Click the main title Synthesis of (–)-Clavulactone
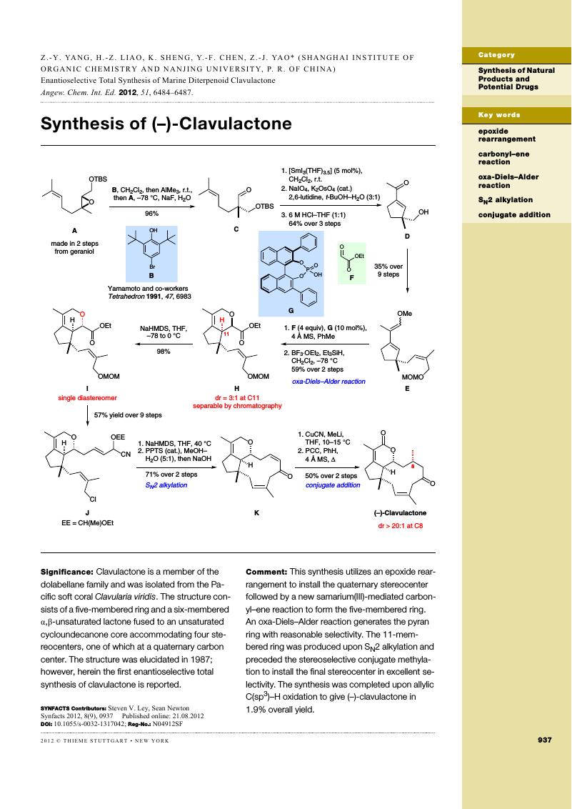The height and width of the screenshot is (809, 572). click(x=166, y=124)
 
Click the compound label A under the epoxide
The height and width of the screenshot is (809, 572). click(x=74, y=231)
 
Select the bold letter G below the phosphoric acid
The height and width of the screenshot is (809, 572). click(x=291, y=311)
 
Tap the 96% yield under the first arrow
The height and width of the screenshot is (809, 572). click(x=151, y=213)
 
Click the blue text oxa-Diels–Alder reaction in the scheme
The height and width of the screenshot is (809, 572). click(x=328, y=382)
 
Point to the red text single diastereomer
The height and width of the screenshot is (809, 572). click(x=88, y=398)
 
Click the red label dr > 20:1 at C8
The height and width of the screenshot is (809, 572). click(x=401, y=526)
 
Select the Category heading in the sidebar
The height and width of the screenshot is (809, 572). click(x=496, y=55)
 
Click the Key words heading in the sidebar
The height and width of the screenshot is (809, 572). click(x=499, y=115)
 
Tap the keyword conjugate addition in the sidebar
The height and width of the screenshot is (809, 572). click(x=514, y=214)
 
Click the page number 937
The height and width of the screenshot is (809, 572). click(x=545, y=740)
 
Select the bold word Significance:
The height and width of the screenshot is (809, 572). click(x=67, y=572)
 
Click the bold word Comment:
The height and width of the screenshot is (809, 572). click(x=266, y=572)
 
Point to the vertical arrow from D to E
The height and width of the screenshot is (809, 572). click(x=407, y=270)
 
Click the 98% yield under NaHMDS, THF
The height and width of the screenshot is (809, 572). click(x=164, y=352)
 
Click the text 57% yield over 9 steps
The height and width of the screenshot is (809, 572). click(x=128, y=415)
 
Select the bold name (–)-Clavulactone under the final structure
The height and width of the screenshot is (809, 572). click(x=401, y=513)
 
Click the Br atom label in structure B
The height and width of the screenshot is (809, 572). click(x=153, y=267)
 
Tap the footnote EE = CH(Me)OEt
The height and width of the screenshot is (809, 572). click(x=88, y=522)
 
